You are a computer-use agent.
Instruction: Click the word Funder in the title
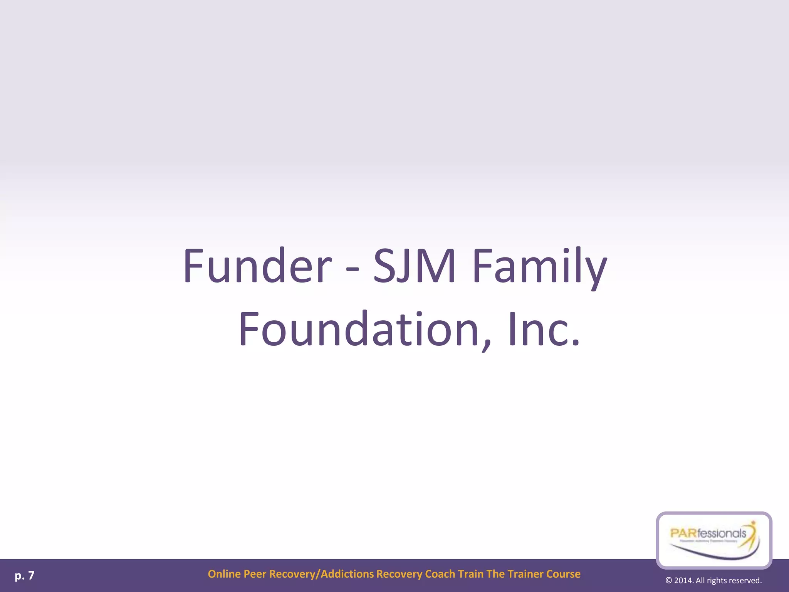257,266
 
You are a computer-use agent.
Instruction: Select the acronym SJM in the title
415,266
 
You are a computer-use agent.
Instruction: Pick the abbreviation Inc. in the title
544,330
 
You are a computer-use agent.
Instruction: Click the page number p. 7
25,575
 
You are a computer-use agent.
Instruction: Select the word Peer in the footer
255,574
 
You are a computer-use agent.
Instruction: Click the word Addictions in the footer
347,574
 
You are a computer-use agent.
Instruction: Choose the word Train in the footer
471,574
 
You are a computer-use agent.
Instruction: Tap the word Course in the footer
563,574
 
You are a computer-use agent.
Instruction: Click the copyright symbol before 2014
669,581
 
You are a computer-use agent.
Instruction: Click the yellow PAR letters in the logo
683,533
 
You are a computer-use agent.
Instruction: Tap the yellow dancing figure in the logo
751,532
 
